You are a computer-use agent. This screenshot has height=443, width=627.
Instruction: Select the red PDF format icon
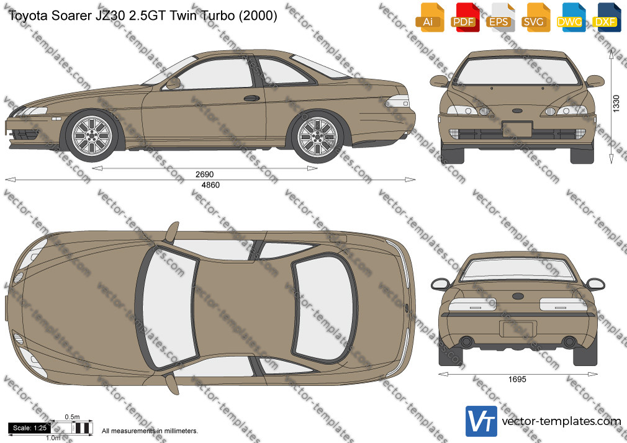[x=465, y=17]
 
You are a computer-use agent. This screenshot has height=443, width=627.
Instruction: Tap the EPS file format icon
[x=500, y=17]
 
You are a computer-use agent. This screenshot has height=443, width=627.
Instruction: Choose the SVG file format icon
[x=535, y=17]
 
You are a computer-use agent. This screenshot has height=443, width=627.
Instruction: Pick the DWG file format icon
[x=571, y=17]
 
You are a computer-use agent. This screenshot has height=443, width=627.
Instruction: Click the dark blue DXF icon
[x=607, y=17]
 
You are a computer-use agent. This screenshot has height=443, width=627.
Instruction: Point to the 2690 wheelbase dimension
[x=204, y=174]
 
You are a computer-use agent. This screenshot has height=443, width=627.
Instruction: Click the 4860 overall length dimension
[x=210, y=185]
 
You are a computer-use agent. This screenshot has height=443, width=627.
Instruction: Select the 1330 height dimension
[x=616, y=104]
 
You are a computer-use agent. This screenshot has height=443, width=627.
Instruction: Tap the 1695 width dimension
[x=517, y=380]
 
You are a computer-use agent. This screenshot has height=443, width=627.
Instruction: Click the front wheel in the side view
[x=92, y=136]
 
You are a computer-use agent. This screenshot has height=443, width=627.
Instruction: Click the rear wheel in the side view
[x=317, y=137]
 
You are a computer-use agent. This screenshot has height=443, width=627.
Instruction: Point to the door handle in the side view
[x=251, y=98]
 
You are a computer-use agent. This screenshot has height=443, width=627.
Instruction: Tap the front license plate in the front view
[x=516, y=129]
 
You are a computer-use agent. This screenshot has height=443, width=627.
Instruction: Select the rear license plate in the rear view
[x=518, y=329]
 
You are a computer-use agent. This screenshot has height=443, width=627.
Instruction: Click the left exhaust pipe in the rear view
[x=466, y=342]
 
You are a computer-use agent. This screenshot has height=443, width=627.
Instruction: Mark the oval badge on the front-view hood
[x=516, y=110]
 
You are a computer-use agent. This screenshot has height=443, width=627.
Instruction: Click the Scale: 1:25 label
[x=30, y=428]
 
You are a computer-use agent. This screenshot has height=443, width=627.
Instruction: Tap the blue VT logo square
[x=481, y=421]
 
